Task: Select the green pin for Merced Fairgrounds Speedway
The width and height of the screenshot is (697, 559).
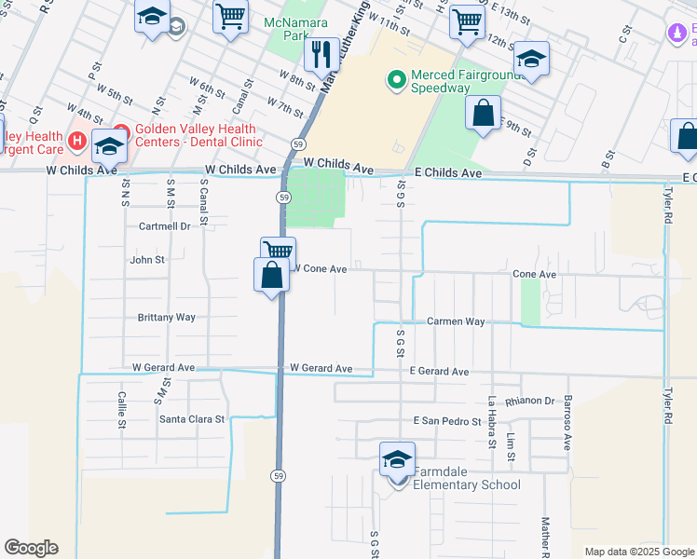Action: point(396,81)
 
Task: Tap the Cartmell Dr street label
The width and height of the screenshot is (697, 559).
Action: point(164,226)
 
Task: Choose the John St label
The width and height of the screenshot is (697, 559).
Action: point(147,260)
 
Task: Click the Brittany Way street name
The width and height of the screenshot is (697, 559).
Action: point(166,317)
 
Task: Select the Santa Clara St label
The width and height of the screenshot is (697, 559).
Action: point(192,419)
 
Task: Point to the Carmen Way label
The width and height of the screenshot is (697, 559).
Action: point(456,321)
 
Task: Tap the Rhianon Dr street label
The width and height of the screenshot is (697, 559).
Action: point(529,402)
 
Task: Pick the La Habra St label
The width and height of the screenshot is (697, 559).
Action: point(490,421)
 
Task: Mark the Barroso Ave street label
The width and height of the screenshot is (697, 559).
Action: point(567,422)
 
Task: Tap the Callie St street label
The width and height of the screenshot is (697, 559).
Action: point(122,410)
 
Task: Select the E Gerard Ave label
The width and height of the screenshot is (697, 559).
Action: point(439,372)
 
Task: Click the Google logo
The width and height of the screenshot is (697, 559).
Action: point(31,548)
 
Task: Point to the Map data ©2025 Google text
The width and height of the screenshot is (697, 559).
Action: point(638,552)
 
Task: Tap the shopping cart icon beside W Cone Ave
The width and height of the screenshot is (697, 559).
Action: point(278,251)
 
